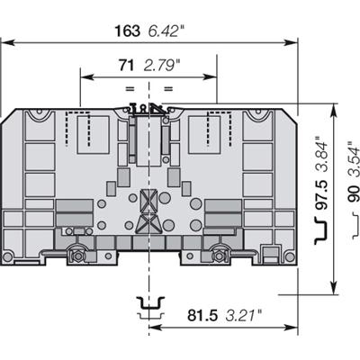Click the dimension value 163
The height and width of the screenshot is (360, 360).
(127, 30)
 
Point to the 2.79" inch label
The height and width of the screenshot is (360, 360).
(162, 64)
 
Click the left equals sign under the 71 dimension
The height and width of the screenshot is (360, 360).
(129, 88)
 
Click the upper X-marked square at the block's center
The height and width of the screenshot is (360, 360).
(147, 202)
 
